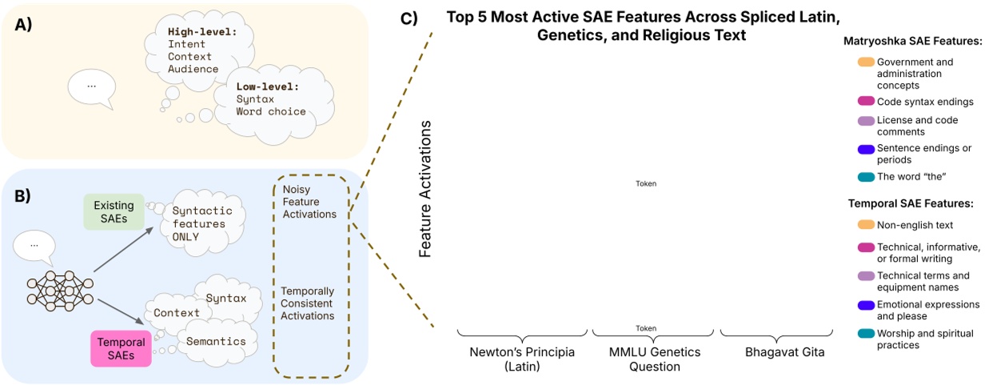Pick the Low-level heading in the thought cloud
coord(264,84)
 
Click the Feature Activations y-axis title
coord(425,190)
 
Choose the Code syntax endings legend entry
coord(915,101)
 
